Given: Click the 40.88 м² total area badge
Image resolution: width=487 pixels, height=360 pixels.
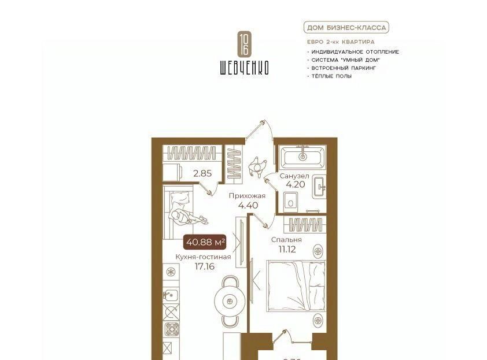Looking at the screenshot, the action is [x=205, y=242].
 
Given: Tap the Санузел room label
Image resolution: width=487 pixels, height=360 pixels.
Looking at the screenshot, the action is [x=294, y=176].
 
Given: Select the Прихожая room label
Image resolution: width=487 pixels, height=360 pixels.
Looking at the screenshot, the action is [x=247, y=196].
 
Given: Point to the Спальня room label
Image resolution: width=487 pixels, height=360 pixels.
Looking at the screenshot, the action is [x=286, y=240].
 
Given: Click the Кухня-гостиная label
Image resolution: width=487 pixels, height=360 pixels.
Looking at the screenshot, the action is [x=203, y=257].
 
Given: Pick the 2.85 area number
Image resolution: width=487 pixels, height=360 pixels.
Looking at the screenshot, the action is [x=202, y=173].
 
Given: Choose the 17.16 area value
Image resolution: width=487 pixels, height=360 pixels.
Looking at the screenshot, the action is [x=204, y=266].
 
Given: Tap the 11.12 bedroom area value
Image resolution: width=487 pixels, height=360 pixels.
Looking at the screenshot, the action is [x=287, y=249].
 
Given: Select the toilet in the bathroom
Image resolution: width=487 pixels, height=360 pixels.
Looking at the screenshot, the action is [x=291, y=202].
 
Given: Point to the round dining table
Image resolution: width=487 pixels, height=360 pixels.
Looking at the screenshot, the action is [x=230, y=300].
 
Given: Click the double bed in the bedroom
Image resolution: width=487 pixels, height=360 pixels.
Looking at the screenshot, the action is [x=296, y=286].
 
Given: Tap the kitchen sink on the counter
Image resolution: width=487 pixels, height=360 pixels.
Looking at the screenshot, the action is [x=171, y=295].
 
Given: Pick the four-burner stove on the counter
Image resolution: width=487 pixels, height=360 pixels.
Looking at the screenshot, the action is [x=171, y=329].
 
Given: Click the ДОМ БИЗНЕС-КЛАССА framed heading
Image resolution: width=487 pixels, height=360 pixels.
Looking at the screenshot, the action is [x=346, y=28].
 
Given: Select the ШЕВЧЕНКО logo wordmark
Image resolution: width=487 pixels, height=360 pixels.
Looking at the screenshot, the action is [x=244, y=68].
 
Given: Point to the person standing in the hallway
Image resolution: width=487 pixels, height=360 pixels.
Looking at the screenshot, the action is [x=257, y=167].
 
